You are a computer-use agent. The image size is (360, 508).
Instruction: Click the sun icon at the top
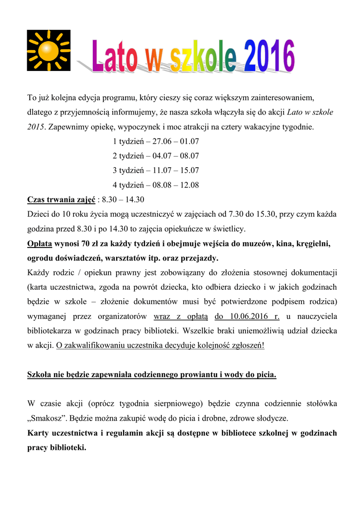pyautogui.click(x=49, y=50)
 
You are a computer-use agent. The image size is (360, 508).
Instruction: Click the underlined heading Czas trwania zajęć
pyautogui.click(x=61, y=199)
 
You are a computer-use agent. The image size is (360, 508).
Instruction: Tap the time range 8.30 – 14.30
pyautogui.click(x=123, y=199)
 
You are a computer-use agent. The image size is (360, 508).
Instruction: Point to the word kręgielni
pyautogui.click(x=311, y=244)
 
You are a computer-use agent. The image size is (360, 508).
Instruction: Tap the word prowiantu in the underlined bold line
pyautogui.click(x=162, y=375)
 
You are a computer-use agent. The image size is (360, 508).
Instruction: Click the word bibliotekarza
pyautogui.click(x=50, y=331)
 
